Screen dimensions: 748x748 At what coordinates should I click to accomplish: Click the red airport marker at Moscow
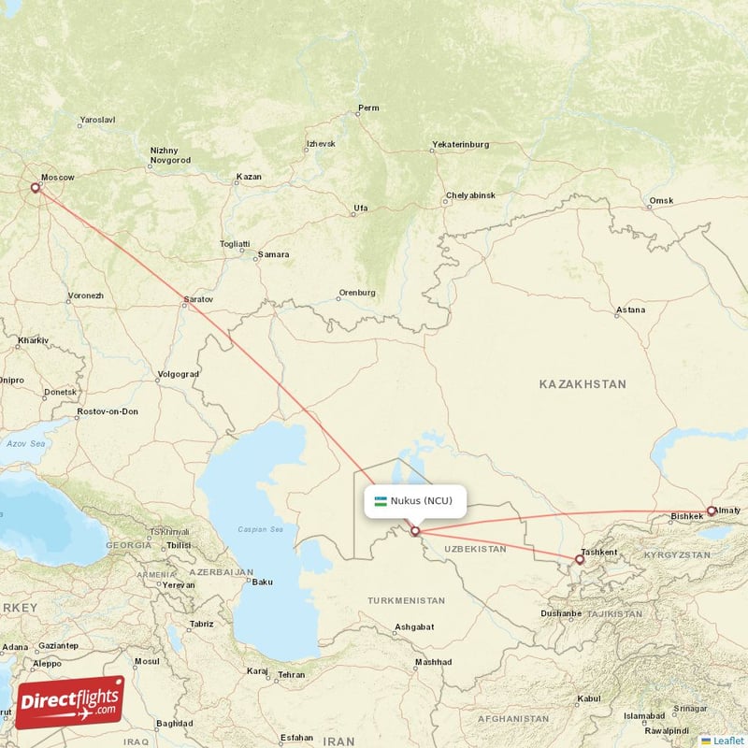pos(36,188)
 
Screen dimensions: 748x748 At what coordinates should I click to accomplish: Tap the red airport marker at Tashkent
pos(580,560)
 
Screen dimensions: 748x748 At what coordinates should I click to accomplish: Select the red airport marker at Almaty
pos(712,511)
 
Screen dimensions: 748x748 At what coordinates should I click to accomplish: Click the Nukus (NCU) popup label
pos(414,500)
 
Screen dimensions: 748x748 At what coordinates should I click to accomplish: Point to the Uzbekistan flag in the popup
pos(381,501)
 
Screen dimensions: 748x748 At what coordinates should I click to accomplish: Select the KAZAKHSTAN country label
pos(583,384)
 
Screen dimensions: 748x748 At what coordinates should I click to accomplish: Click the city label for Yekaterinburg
pos(460,145)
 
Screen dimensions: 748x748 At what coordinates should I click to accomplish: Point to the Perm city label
pos(368,108)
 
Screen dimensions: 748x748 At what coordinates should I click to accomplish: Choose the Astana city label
pos(629,310)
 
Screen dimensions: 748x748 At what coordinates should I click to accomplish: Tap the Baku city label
pos(262,582)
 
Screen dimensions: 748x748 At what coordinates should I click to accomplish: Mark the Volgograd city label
pos(179,374)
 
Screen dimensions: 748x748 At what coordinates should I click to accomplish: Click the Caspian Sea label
pos(261,530)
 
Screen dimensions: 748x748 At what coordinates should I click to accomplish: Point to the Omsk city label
pos(661,201)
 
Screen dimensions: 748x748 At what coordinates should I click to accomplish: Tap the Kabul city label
pos(588,698)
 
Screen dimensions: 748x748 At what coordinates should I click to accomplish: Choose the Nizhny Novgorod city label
pos(169,155)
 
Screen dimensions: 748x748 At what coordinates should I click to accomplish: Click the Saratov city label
pos(198,299)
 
